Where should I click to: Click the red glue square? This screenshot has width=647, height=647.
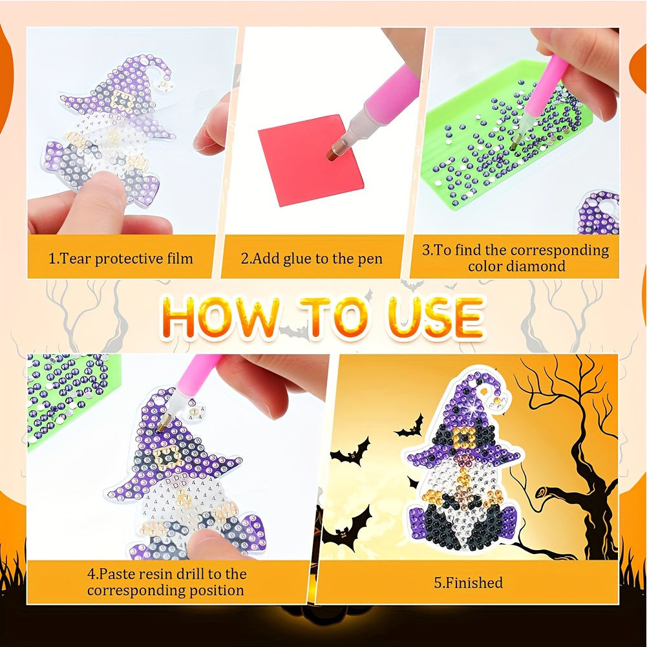pyautogui.click(x=310, y=160)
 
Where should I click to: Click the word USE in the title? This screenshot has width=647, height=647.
pyautogui.click(x=436, y=317)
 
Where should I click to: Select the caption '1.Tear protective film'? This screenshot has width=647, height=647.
pyautogui.click(x=120, y=259)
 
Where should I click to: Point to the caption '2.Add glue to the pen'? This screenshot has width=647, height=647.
pyautogui.click(x=312, y=259)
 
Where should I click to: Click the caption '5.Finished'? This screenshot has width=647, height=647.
pyautogui.click(x=468, y=582)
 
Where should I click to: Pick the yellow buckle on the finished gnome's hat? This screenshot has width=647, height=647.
pyautogui.click(x=465, y=438)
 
